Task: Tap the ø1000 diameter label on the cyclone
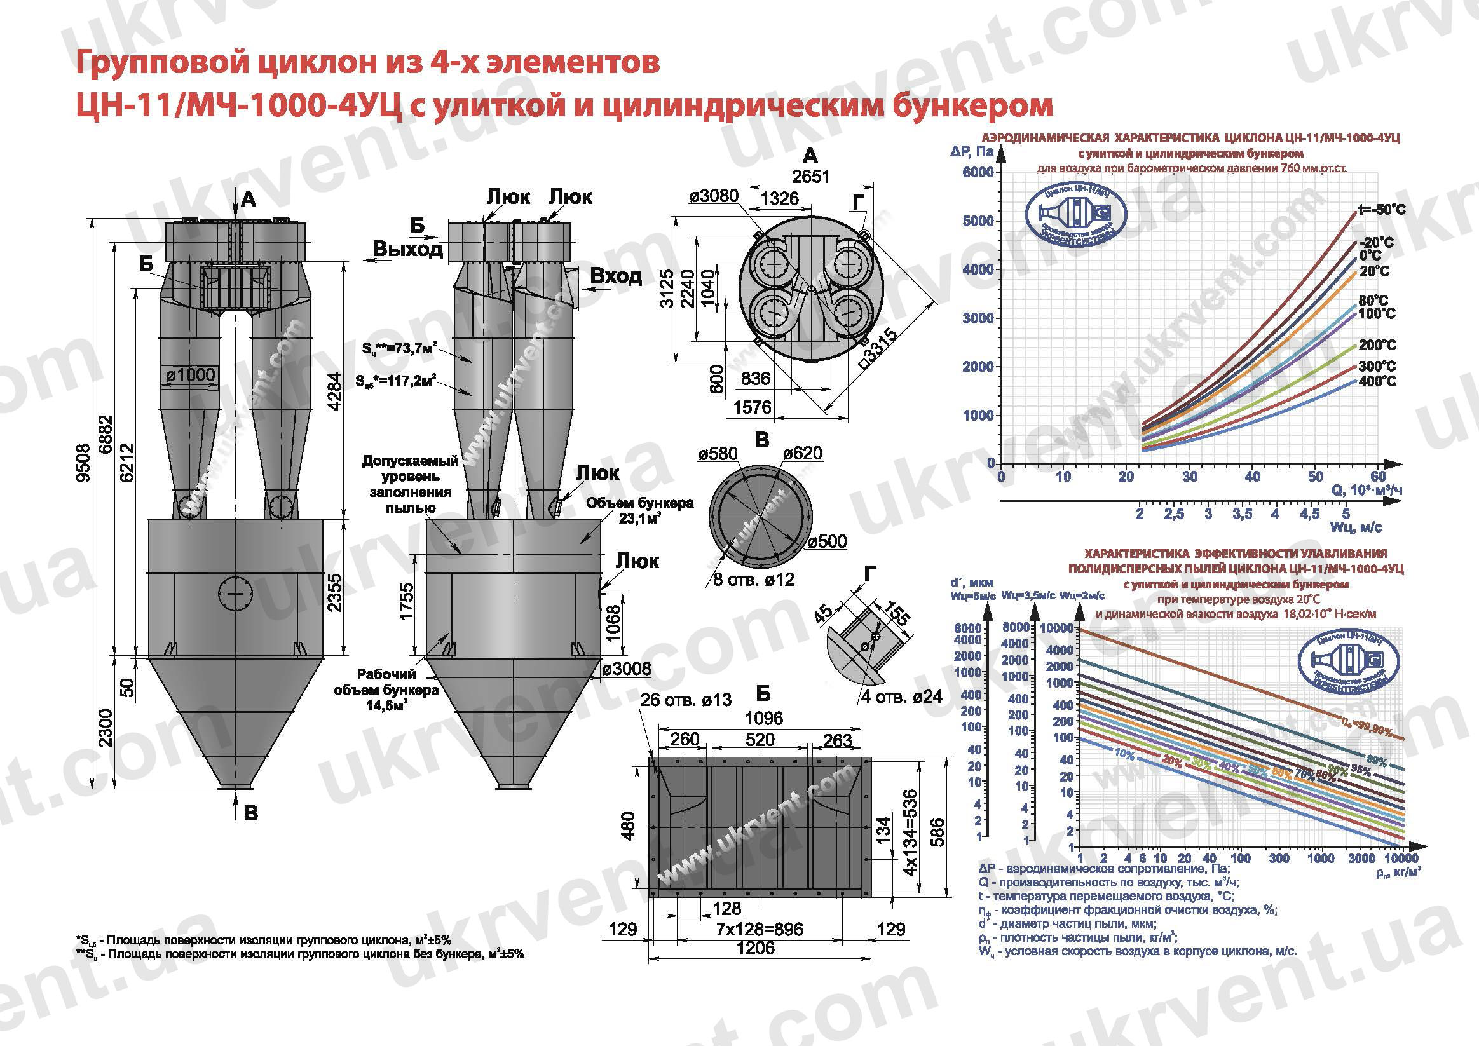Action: click(190, 376)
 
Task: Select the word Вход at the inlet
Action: click(616, 276)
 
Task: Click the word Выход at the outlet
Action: click(408, 249)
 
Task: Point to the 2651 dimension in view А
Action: click(810, 177)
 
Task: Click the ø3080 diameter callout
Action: click(714, 196)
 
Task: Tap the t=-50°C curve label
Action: click(1381, 210)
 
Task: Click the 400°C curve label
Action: click(1377, 381)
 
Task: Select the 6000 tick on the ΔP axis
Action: click(978, 173)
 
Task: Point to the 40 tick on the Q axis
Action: click(1252, 477)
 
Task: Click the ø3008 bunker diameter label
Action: click(627, 669)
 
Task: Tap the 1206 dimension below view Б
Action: click(756, 948)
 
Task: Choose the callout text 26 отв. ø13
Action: click(686, 700)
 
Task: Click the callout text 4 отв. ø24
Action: click(902, 696)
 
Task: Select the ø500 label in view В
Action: click(828, 541)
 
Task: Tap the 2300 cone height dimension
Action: click(106, 728)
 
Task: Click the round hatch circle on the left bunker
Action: click(235, 592)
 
